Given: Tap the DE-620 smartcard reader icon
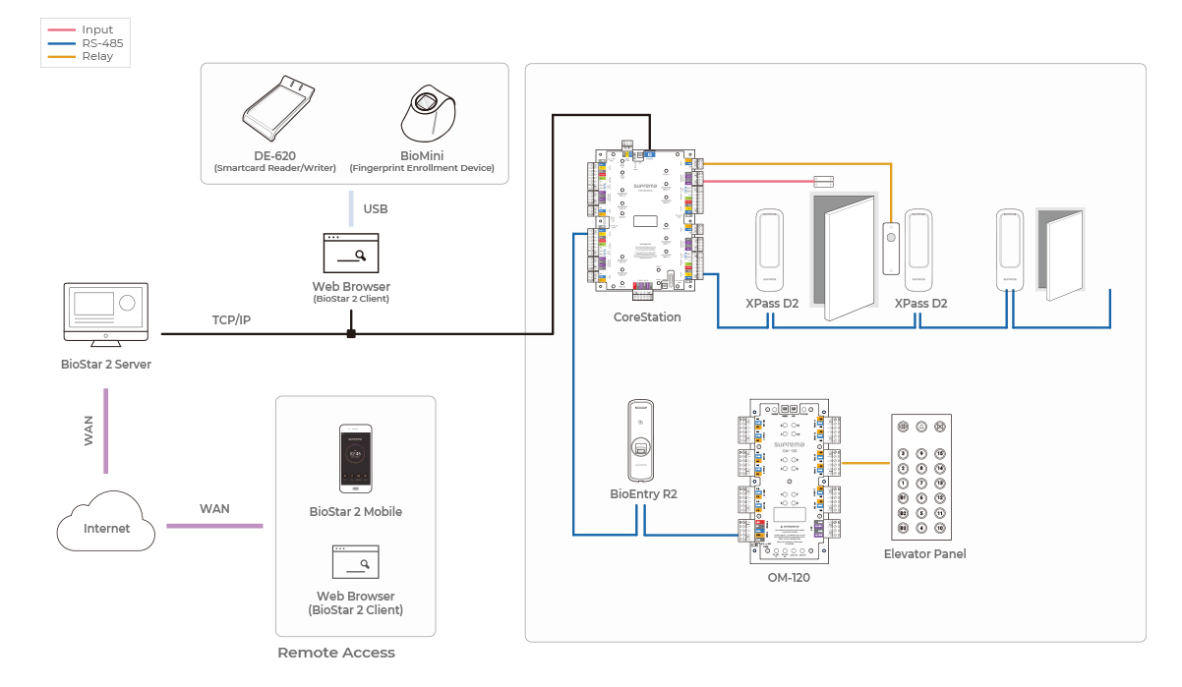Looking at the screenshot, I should point(278,108).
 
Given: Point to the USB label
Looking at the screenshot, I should point(375,209).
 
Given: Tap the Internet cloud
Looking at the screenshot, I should point(106,523).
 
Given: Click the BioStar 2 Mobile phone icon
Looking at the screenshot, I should point(355,459).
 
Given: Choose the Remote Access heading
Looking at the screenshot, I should point(336,653).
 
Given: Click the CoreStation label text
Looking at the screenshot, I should point(647,317).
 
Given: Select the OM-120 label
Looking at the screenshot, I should point(789,578).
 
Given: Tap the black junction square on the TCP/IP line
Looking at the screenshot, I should point(350,334).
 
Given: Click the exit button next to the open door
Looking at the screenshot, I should point(891,247).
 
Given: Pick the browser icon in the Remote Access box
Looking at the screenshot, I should point(355,562).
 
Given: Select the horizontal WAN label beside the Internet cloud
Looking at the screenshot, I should point(214,509).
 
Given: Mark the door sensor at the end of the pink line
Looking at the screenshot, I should point(823,181).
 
